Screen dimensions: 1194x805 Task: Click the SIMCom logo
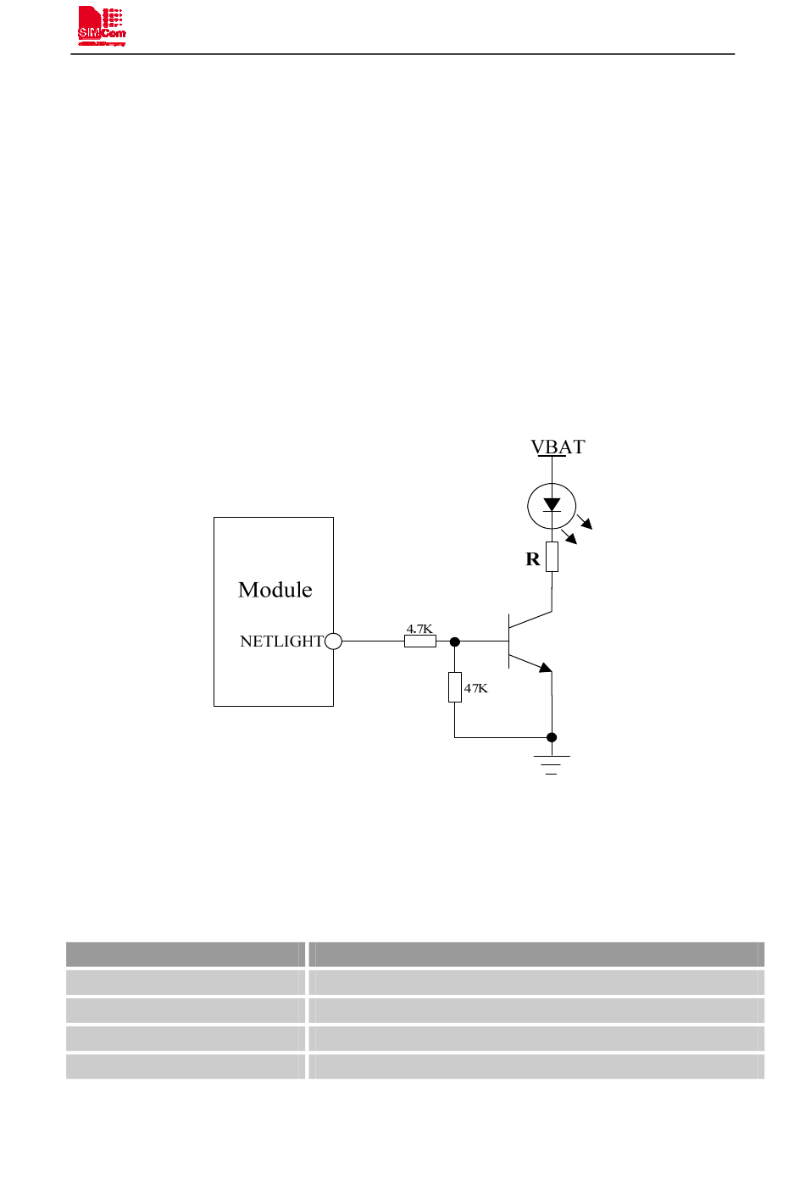point(102,26)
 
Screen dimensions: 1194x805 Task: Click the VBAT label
point(558,447)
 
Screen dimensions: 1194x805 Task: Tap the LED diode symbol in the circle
point(552,505)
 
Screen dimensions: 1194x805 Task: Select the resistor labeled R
point(552,557)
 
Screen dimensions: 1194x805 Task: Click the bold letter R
point(532,559)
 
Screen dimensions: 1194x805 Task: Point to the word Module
point(275,590)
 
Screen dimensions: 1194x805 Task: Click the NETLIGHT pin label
point(281,641)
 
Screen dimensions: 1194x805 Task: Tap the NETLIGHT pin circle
point(333,641)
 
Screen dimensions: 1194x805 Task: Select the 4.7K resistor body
point(419,641)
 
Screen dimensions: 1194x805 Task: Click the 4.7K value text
point(419,629)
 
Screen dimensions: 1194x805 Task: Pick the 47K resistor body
point(455,687)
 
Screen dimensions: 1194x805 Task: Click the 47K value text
point(475,688)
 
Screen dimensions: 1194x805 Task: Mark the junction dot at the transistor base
point(455,641)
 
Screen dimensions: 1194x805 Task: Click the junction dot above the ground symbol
point(552,737)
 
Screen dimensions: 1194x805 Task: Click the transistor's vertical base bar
point(508,641)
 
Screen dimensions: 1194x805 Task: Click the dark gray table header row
point(414,954)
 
